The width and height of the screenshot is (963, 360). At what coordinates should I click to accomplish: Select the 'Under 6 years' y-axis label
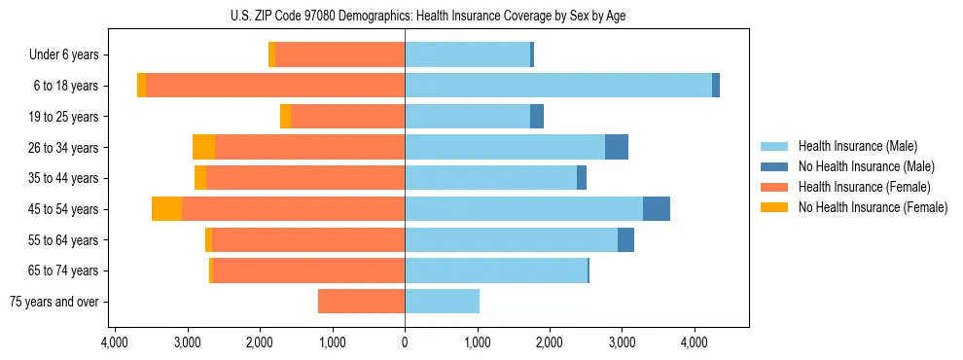click(x=63, y=55)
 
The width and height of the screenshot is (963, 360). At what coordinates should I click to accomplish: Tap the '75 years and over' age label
click(x=53, y=302)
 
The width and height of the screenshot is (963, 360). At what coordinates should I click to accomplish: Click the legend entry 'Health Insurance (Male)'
click(x=857, y=146)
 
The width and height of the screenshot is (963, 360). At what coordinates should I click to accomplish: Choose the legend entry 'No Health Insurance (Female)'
click(x=873, y=207)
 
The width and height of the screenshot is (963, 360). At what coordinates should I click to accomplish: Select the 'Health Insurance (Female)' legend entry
click(x=864, y=187)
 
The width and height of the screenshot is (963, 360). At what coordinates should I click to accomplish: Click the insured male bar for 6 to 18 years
click(x=558, y=86)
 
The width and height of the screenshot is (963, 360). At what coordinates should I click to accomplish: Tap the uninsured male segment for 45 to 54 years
click(x=657, y=209)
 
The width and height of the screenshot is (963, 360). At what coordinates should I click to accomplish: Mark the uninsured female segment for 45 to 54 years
click(x=166, y=209)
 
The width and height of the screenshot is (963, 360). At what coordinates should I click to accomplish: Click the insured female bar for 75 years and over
click(x=361, y=302)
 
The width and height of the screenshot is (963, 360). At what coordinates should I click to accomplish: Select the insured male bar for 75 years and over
click(x=442, y=302)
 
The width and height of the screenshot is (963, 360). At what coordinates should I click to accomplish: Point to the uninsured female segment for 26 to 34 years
click(x=203, y=147)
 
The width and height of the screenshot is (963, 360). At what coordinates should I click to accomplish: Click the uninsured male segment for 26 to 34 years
click(x=617, y=147)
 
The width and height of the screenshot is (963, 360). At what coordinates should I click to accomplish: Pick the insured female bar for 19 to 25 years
click(x=347, y=117)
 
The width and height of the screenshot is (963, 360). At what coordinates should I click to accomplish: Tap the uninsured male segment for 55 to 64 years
click(x=625, y=239)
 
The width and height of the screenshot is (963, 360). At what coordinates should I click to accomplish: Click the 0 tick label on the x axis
click(x=405, y=342)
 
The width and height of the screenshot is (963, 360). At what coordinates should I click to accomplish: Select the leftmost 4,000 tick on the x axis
click(x=115, y=342)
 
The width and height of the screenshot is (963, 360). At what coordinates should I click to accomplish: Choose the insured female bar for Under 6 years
click(x=339, y=55)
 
